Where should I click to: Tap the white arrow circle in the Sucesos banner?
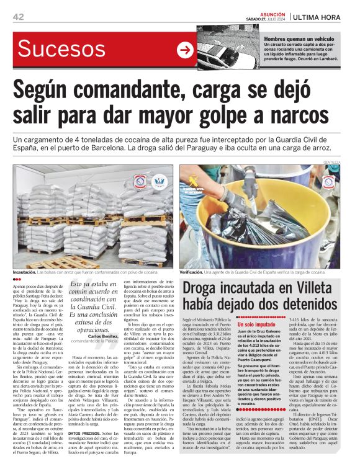pos(185,50)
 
